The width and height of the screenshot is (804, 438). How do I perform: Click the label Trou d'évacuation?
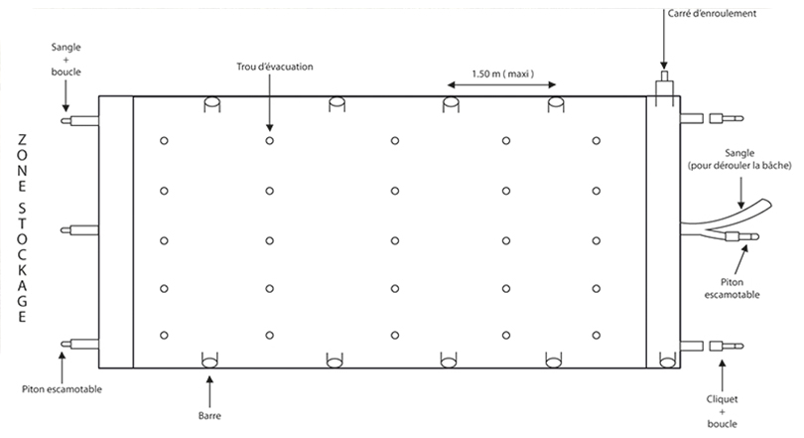coord(274,67)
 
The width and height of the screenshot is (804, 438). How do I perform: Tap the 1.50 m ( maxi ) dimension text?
coord(502,73)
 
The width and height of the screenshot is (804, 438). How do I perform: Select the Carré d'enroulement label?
coord(712,13)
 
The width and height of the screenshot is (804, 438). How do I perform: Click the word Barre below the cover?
coord(209,415)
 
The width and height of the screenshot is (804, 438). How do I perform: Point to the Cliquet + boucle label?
coord(722,411)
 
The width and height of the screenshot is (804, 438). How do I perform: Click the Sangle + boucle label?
coord(67,60)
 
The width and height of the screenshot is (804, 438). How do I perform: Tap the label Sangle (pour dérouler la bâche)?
coord(739,160)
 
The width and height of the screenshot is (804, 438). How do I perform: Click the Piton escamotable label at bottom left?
coord(62,389)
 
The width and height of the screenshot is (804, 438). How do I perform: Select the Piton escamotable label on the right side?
coord(732,288)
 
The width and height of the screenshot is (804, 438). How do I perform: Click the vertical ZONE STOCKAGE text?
coord(22,228)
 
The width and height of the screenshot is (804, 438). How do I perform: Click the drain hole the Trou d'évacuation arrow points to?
coord(270,140)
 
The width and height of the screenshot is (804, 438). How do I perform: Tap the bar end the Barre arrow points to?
coord(209,363)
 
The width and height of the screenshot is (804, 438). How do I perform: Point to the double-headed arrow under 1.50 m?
coord(501,84)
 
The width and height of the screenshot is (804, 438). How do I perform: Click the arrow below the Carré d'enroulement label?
coord(664,45)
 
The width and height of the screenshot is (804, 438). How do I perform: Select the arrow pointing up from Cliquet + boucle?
coord(723,375)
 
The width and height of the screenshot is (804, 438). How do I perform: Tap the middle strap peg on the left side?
coord(79,230)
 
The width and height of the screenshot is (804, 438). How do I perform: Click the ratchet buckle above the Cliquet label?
coord(726,347)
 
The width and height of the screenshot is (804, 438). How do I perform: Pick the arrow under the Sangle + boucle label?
coord(66,95)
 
